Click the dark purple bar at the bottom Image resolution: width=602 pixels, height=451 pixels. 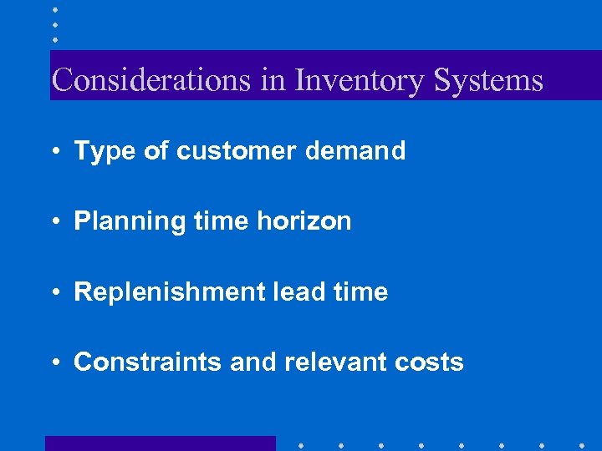coord(160,443)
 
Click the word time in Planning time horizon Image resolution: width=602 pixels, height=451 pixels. coord(221,221)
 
